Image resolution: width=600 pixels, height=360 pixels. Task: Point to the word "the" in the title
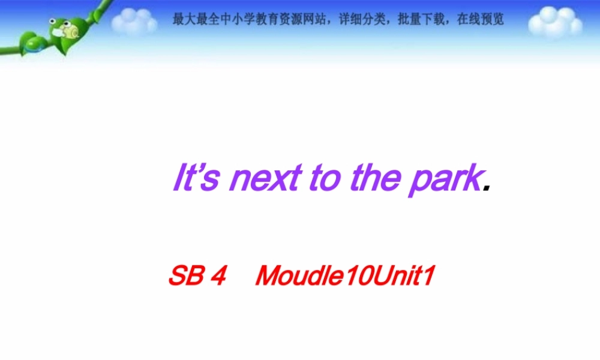375,178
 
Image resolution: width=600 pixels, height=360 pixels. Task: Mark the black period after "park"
487,187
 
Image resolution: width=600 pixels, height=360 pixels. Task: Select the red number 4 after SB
218,277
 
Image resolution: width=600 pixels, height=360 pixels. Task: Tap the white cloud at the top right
555,22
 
